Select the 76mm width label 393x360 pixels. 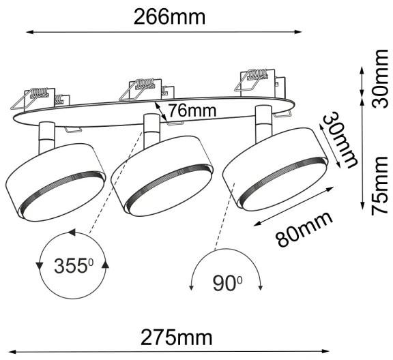click(x=192, y=110)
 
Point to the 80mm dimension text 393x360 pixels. click(x=304, y=229)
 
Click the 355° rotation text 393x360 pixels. click(x=73, y=265)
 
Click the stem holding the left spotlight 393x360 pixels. click(x=45, y=134)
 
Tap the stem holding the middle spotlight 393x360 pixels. click(x=151, y=127)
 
